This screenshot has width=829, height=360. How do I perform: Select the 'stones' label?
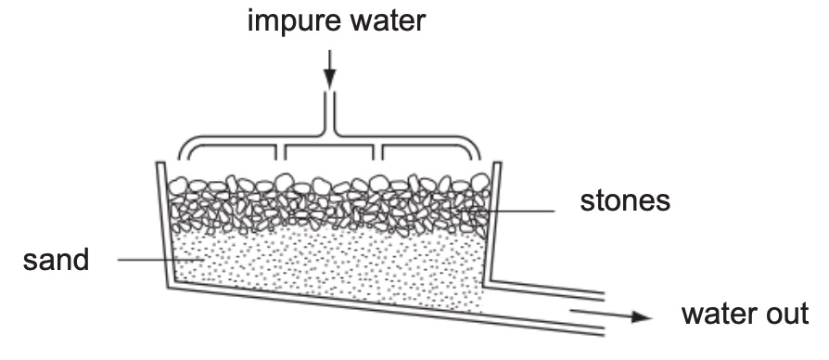pyautogui.click(x=625, y=201)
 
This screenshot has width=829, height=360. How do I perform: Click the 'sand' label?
pyautogui.click(x=56, y=260)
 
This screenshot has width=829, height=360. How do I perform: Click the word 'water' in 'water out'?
pyautogui.click(x=721, y=314)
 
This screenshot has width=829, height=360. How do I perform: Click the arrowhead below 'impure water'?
pyautogui.click(x=329, y=79)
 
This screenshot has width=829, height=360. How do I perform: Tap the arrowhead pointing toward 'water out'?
pyautogui.click(x=642, y=316)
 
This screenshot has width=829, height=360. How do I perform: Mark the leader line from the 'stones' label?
pyautogui.click(x=506, y=211)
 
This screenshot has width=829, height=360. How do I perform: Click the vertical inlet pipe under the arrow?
pyautogui.click(x=329, y=112)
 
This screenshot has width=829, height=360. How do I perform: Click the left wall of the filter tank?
pyautogui.click(x=164, y=225)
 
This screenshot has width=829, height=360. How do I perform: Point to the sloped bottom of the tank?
pyautogui.click(x=386, y=312)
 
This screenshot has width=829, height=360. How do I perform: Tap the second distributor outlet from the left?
pyautogui.click(x=280, y=153)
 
